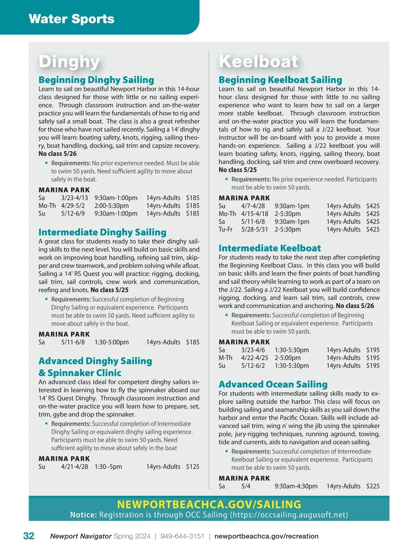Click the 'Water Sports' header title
pyautogui.click(x=72, y=19)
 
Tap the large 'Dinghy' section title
pyautogui.click(x=69, y=62)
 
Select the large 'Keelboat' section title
pyautogui.click(x=258, y=62)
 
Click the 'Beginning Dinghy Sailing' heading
pyautogui.click(x=96, y=80)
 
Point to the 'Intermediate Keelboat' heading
pyautogui.click(x=269, y=248)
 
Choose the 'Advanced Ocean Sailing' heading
pyautogui.click(x=273, y=384)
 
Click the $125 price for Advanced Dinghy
pyautogui.click(x=193, y=467)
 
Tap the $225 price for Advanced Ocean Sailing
pyautogui.click(x=373, y=486)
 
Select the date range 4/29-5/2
pyautogui.click(x=73, y=206)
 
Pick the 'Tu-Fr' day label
pyautogui.click(x=225, y=229)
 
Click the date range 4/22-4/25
pyautogui.click(x=255, y=358)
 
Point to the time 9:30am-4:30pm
pyautogui.click(x=296, y=486)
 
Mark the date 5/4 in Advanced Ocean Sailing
pyautogui.click(x=246, y=486)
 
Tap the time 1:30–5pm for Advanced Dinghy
pyautogui.click(x=108, y=467)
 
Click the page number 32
pyautogui.click(x=29, y=536)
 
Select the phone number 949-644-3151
pyautogui.click(x=182, y=536)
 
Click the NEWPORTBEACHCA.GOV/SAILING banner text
pyautogui.click(x=209, y=504)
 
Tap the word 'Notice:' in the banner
pyautogui.click(x=83, y=515)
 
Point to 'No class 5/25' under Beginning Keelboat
pyautogui.click(x=238, y=170)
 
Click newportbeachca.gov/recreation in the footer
pyautogui.click(x=266, y=536)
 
